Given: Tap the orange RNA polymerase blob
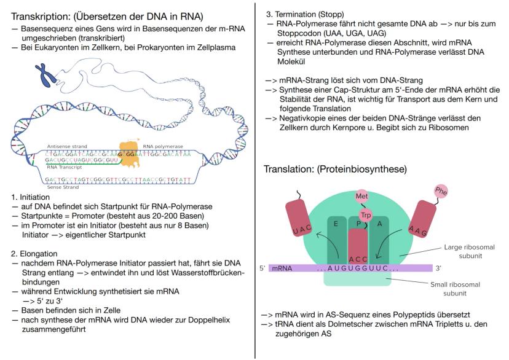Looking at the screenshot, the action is coord(130,154).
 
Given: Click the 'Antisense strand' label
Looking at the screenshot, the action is coord(67,146).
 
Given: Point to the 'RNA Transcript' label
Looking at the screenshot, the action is coord(65,167).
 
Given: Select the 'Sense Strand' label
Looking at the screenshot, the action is coord(63,187).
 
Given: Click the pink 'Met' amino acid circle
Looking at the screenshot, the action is coord(361,196).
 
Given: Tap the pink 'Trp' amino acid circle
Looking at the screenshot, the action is coord(366,215).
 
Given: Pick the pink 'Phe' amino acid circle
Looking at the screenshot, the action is coord(441,191).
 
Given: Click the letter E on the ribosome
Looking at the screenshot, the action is coord(336,224).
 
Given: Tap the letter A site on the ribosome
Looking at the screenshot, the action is coord(379,224).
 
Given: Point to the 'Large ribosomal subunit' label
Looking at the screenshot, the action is coord(470,251).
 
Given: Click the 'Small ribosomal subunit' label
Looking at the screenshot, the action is coord(455,289).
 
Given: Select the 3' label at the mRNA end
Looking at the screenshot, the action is coord(438,268).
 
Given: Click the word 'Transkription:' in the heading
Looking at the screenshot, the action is coord(41,16).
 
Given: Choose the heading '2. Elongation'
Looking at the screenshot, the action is coord(34,254).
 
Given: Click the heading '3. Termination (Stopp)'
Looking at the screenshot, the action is coord(305,14).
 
